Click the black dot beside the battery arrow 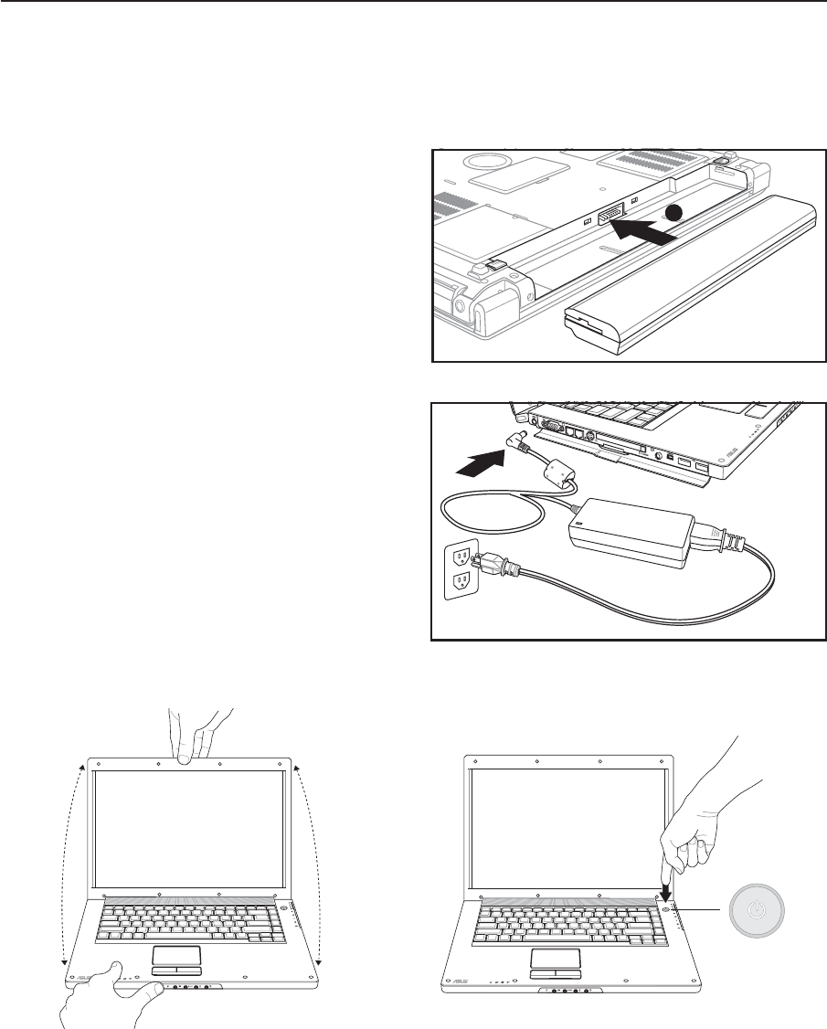pyautogui.click(x=673, y=213)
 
